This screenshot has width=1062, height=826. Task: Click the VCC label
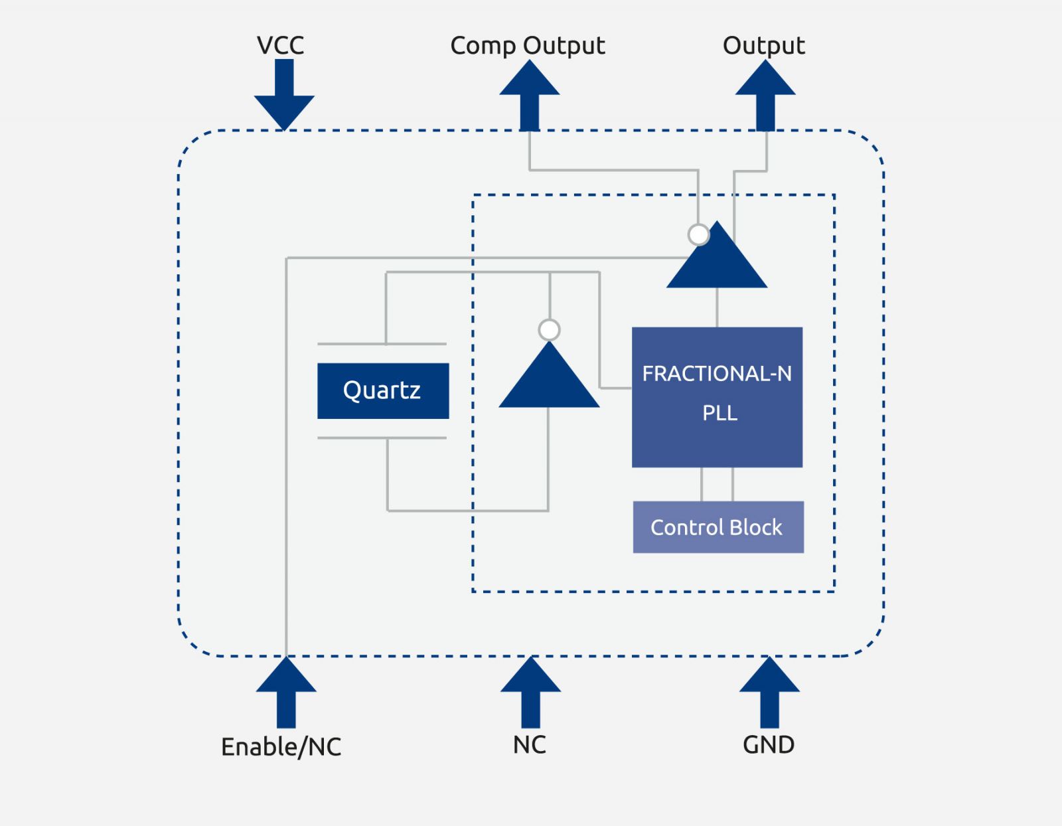point(280,45)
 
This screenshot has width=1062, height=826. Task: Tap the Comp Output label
point(528,46)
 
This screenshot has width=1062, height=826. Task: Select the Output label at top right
point(763,45)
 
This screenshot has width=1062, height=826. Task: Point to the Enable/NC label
point(281,747)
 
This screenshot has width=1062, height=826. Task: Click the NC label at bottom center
point(530,745)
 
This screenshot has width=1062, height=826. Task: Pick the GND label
point(769,745)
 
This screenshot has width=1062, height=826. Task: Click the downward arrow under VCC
point(284,96)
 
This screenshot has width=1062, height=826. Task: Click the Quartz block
point(383,390)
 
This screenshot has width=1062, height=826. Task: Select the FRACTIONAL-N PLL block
point(717,397)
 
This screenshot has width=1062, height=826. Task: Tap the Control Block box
point(718,527)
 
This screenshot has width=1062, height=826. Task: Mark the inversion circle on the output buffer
point(698,234)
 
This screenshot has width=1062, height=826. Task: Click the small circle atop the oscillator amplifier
point(549,330)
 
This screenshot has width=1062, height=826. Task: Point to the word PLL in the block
point(720,413)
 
